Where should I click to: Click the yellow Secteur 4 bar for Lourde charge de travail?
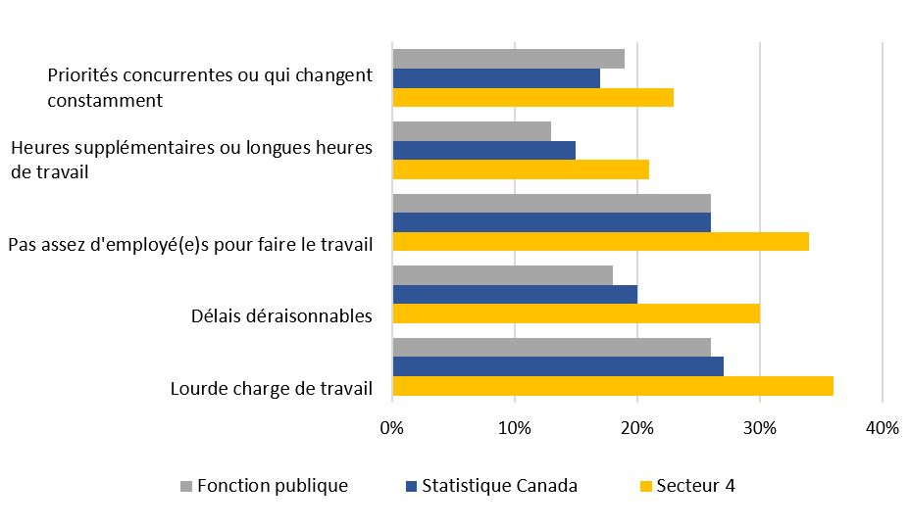[613, 386]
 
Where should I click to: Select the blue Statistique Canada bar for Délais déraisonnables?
[515, 295]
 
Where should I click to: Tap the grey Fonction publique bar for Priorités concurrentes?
[508, 59]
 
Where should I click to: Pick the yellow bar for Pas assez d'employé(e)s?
[600, 241]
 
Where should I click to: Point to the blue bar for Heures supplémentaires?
[483, 150]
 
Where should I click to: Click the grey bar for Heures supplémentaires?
[472, 131]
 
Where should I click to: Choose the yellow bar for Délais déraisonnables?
[576, 313]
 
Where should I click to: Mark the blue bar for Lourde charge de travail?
[558, 366]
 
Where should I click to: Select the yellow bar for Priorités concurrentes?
[532, 97]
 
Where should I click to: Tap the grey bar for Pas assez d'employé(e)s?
[551, 204]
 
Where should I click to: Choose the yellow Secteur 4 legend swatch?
[645, 486]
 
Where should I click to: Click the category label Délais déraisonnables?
[280, 315]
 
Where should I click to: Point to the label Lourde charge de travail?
[271, 388]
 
